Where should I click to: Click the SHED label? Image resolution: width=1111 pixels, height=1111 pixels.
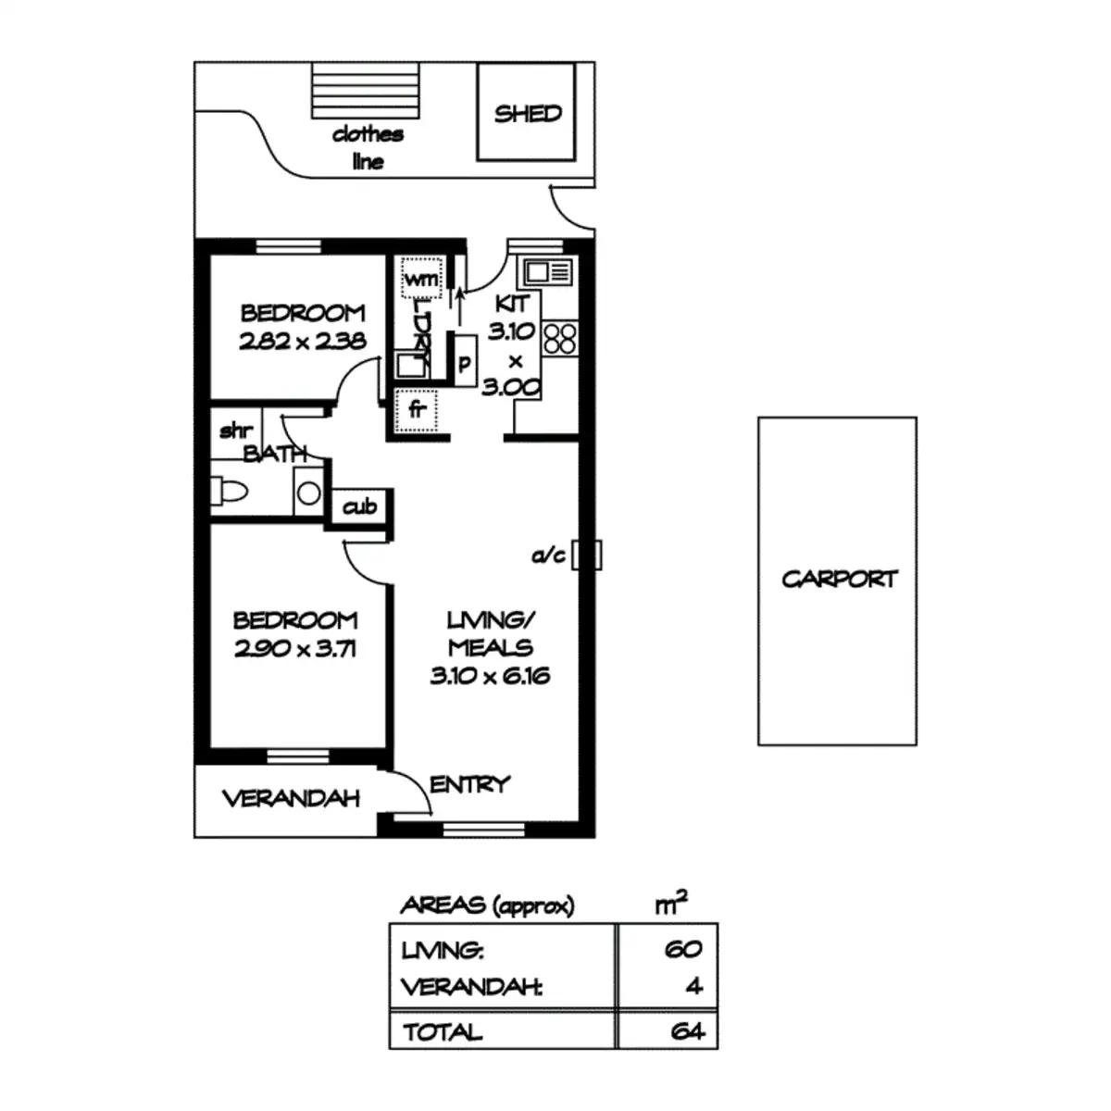[528, 114]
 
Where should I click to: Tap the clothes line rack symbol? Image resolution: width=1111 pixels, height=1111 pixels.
[368, 90]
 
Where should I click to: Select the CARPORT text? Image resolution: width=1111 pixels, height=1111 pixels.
[839, 580]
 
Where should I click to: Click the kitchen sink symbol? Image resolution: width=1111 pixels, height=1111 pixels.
[548, 272]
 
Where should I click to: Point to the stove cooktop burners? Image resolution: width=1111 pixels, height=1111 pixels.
[560, 338]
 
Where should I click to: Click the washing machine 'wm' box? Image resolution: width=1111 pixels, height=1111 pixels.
[421, 278]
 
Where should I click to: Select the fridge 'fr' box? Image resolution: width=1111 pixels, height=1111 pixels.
[417, 410]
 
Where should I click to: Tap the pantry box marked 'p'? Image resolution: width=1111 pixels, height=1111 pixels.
[465, 363]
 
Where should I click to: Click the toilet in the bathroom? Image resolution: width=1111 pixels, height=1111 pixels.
[228, 492]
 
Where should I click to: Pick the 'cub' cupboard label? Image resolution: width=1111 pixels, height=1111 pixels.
[360, 506]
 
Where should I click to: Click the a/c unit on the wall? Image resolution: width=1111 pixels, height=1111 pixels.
[587, 555]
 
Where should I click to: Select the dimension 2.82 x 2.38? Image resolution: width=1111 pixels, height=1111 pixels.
[303, 341]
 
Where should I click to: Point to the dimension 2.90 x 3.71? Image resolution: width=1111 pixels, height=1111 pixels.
[294, 648]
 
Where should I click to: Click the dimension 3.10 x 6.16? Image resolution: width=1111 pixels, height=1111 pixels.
[490, 676]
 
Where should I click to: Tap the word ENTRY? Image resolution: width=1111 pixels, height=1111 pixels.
[470, 784]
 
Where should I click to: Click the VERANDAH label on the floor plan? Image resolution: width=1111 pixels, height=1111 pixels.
[292, 799]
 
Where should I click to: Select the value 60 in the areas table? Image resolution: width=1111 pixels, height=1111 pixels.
[683, 949]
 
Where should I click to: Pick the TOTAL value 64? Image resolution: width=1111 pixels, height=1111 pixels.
[687, 1030]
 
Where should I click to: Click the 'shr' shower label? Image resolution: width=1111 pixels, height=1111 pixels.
[236, 431]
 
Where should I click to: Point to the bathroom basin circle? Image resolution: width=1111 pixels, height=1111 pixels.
[309, 493]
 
